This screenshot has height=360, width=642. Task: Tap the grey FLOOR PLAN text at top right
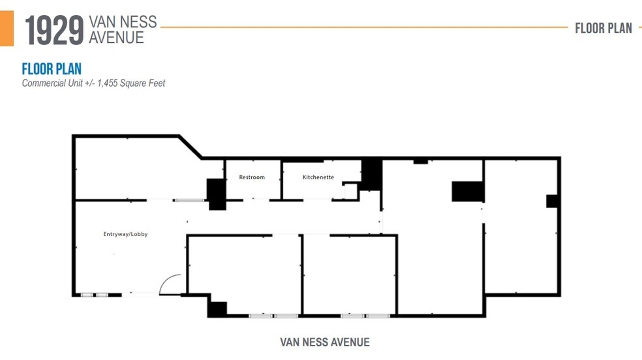coord(604,28)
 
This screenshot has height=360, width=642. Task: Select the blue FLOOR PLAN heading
coord(52,69)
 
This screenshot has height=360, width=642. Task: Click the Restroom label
coord(252,177)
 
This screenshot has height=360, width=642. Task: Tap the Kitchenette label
coord(318,177)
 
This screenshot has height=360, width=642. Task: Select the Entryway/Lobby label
coord(125,234)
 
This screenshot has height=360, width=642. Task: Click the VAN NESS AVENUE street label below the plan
coord(325,342)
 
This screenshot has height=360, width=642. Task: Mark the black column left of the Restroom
coord(216,194)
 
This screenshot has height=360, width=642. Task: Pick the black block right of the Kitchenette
coord(371,174)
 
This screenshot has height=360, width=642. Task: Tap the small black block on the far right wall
coord(553,201)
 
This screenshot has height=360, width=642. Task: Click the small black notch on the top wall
coord(420,161)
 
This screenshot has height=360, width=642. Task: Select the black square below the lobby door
coord(217,309)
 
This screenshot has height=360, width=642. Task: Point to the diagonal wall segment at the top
coord(191,147)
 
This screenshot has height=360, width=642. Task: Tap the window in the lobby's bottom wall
coord(94,295)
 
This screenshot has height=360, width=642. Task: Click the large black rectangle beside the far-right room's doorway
coord(467,191)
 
